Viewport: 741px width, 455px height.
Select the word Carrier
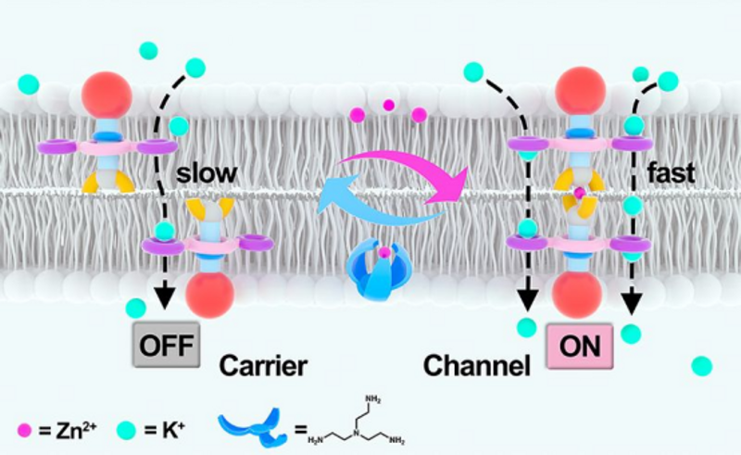click(x=263, y=364)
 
